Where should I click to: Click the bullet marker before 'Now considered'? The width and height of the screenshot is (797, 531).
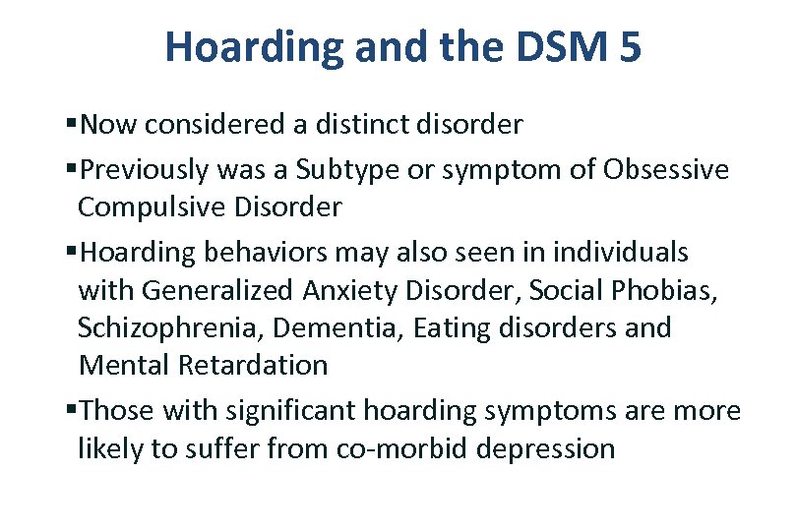point(73,125)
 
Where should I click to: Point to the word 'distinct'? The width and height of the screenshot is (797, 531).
point(378,125)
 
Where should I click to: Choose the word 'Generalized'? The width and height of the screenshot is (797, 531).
point(216,290)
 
